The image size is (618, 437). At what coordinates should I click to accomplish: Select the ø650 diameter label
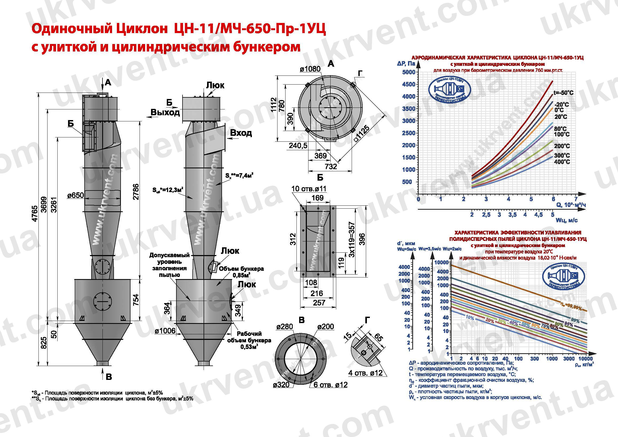[76, 195]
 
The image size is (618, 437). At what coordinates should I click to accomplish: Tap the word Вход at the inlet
[241, 133]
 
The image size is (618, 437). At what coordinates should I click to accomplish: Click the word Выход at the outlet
[165, 112]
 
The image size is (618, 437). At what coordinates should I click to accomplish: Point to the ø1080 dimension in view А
[310, 69]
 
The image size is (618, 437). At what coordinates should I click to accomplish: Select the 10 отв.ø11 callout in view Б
[309, 189]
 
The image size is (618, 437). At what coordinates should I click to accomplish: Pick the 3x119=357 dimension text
[351, 240]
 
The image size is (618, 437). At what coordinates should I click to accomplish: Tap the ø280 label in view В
[284, 327]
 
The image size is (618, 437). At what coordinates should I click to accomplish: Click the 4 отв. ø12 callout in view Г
[366, 373]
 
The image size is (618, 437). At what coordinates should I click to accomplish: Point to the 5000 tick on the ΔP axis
[409, 72]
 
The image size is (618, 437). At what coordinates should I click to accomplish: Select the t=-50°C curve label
[563, 93]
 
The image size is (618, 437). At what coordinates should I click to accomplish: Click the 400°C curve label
[562, 162]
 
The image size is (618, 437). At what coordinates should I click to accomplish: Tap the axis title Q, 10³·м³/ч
[571, 205]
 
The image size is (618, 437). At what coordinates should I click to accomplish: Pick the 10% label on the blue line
[469, 318]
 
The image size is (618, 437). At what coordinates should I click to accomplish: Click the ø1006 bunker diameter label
[165, 331]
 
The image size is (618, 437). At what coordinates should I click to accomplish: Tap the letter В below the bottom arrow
[109, 377]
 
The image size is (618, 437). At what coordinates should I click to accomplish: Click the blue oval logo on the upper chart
[449, 92]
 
